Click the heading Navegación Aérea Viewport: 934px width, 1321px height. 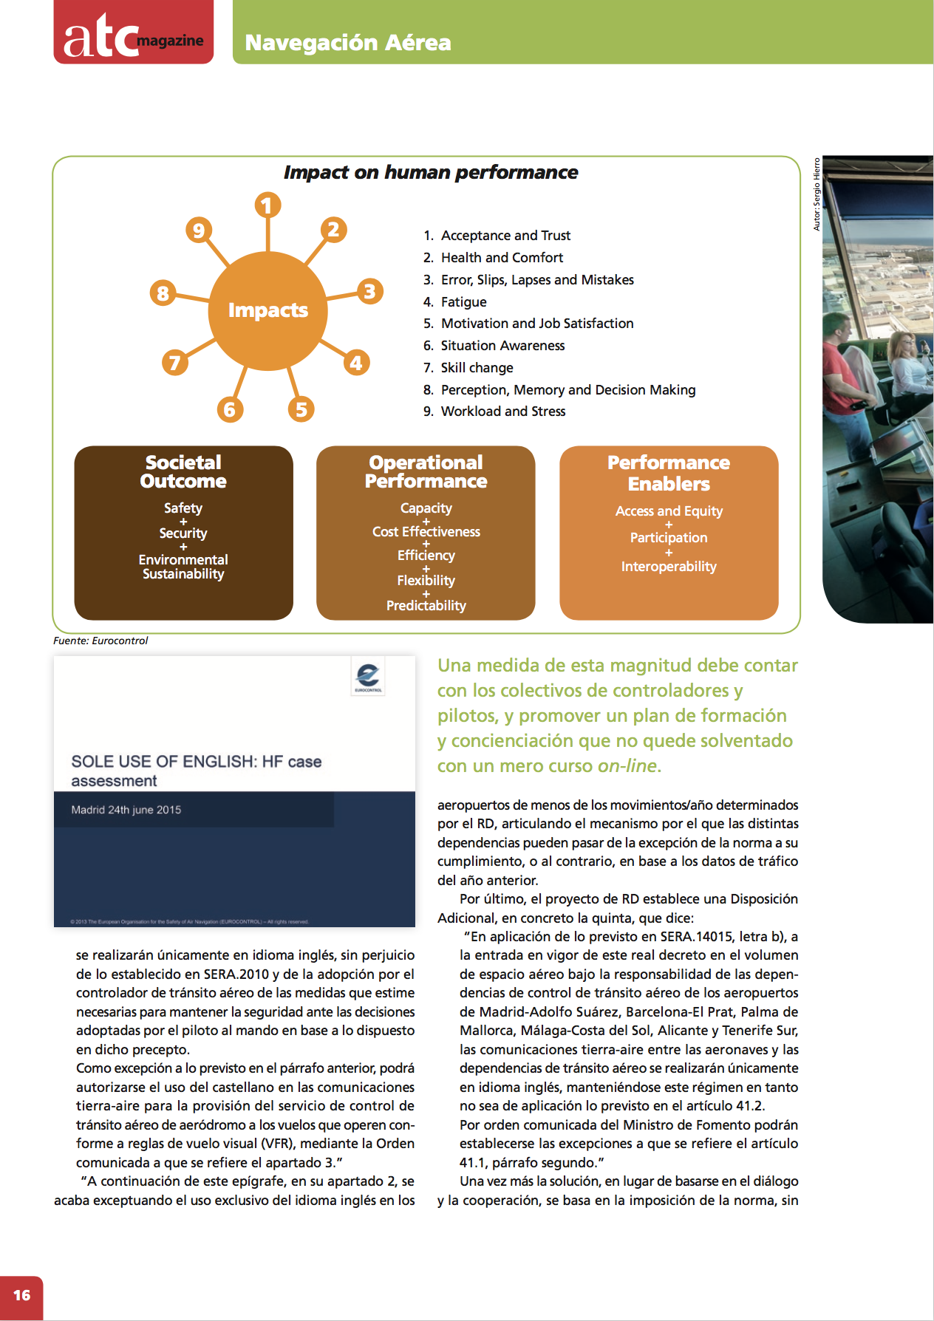tap(347, 42)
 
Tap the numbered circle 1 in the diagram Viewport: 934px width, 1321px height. tap(267, 205)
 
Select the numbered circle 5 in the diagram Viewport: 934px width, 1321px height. tap(301, 409)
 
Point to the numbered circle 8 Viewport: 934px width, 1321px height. tap(163, 293)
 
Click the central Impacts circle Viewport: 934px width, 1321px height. tap(267, 310)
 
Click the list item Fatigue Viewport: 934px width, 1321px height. tap(463, 301)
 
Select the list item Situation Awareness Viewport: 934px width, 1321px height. tap(502, 345)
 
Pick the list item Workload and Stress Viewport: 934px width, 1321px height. tap(502, 411)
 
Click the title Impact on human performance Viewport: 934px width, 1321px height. tap(430, 172)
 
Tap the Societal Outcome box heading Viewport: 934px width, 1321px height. tap(183, 471)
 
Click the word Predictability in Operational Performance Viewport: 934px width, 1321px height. tap(426, 605)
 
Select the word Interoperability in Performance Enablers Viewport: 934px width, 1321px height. tap(668, 566)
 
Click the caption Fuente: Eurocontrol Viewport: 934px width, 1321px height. tap(100, 641)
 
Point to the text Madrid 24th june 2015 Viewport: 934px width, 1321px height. tap(126, 810)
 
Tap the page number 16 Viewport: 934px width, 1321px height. tap(21, 1295)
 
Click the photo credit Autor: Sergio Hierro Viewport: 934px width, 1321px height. tap(817, 194)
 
